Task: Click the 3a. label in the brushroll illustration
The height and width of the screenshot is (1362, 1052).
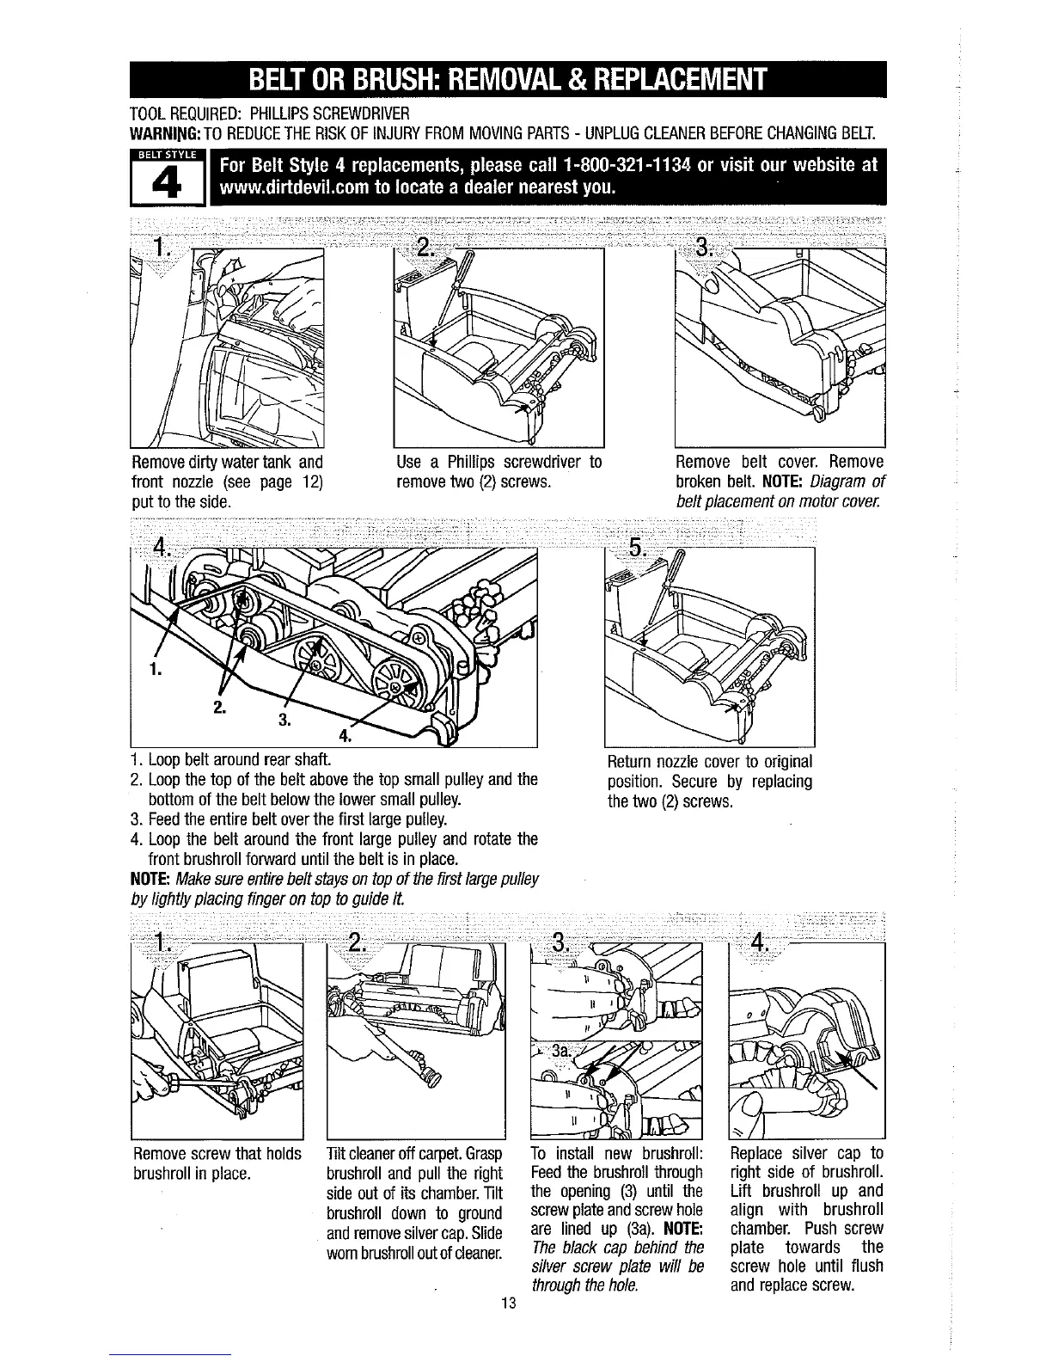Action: [x=561, y=1051]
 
